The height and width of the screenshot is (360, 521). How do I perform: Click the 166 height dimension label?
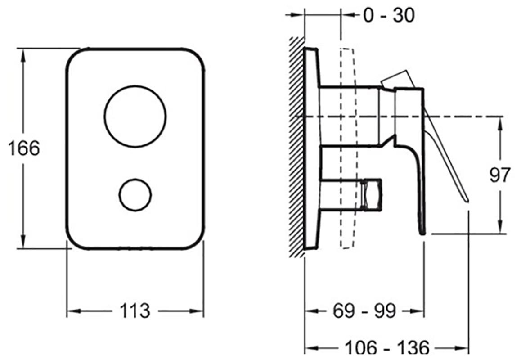23,148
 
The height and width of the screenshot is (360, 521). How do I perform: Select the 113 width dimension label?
135,311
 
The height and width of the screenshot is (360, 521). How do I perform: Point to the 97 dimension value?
499,175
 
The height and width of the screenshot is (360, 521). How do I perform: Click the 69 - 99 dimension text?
364,311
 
